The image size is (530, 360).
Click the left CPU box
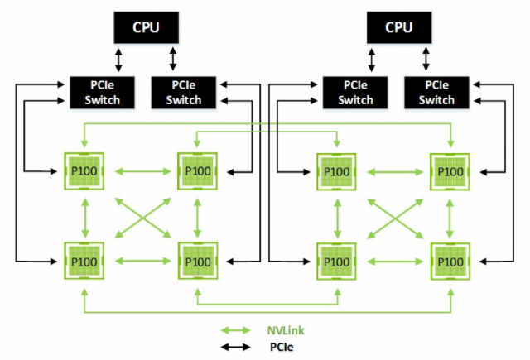(x=146, y=27)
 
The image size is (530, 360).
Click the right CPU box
(x=399, y=27)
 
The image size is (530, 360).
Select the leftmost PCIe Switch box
(x=102, y=93)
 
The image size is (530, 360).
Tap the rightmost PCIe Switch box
(x=436, y=93)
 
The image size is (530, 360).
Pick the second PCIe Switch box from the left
(x=184, y=93)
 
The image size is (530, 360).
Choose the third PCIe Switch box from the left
(x=355, y=93)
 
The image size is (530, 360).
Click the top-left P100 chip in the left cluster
(x=84, y=171)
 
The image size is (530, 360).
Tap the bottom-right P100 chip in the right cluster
(x=450, y=262)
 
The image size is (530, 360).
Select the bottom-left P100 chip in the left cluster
(x=84, y=261)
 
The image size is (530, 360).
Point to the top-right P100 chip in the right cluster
(x=450, y=171)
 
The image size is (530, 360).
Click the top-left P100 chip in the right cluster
(x=336, y=171)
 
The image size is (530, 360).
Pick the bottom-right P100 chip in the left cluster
(x=198, y=261)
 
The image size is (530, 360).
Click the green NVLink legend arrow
(x=235, y=330)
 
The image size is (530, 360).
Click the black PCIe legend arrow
(x=235, y=347)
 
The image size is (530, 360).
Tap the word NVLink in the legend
(x=286, y=330)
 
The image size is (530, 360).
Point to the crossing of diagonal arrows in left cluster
(x=143, y=218)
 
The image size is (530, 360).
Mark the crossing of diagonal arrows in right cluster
(x=395, y=218)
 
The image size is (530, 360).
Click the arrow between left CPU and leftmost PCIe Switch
(x=118, y=60)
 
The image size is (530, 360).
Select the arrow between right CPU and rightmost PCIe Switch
(x=426, y=59)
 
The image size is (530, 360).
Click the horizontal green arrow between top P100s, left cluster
(x=143, y=171)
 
